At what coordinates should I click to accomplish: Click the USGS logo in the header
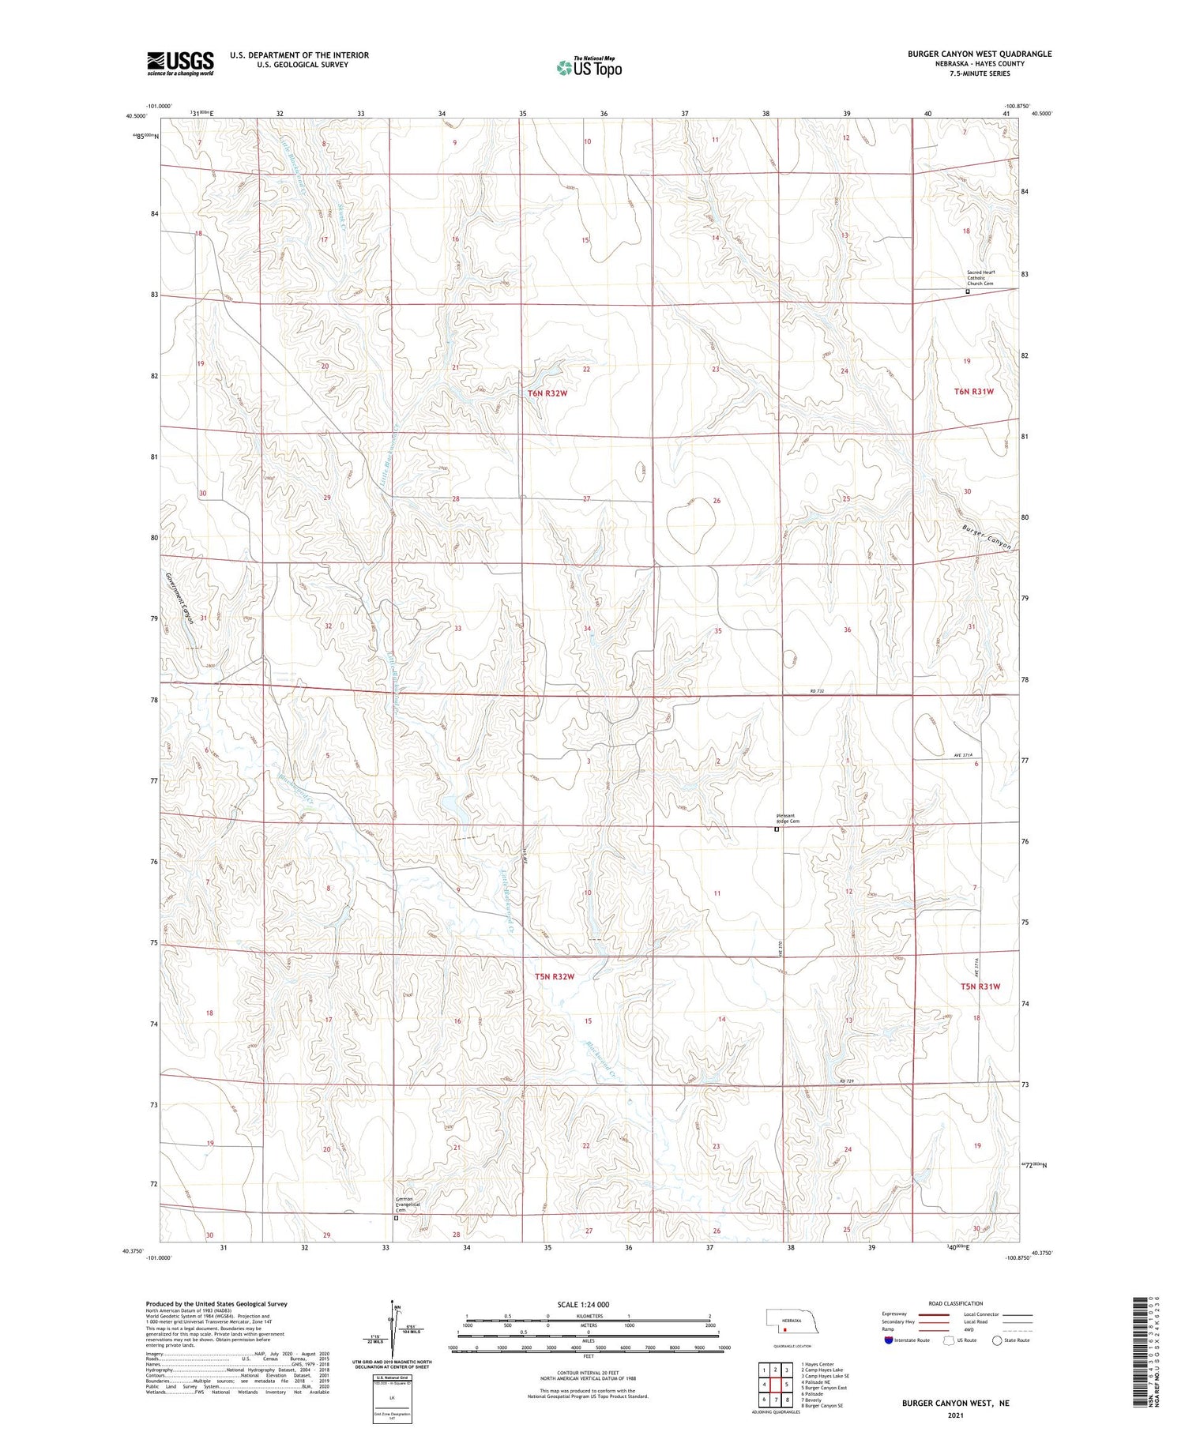(x=180, y=63)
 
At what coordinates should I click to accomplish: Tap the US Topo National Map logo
(x=589, y=67)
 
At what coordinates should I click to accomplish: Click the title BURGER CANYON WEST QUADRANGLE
(x=979, y=54)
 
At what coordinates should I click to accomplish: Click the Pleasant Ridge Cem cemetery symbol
(x=777, y=829)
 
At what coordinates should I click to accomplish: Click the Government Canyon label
(x=179, y=598)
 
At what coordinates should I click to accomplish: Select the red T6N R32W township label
(x=547, y=393)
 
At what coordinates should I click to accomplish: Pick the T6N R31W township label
(x=973, y=391)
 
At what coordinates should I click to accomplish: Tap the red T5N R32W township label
(x=554, y=976)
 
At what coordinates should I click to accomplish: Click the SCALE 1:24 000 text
(x=583, y=1304)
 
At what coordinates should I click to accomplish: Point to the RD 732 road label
(x=817, y=692)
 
